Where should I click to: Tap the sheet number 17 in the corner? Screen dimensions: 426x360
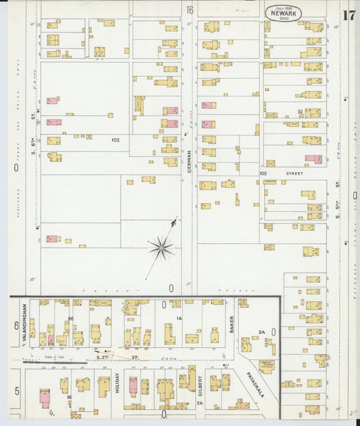click(349, 15)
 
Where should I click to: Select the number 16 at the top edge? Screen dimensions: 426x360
click(190, 9)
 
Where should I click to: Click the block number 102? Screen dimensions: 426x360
click(115, 140)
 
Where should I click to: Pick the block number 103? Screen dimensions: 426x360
click(263, 174)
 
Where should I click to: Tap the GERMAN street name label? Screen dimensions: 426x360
click(190, 160)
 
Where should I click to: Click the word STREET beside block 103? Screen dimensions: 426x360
click(294, 174)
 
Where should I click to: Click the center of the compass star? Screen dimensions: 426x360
click(161, 247)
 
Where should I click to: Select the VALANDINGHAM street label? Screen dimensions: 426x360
click(24, 319)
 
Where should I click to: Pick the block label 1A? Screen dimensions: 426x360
click(180, 317)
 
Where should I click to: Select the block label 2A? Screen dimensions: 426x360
click(261, 331)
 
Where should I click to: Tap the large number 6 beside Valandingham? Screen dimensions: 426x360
click(16, 325)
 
